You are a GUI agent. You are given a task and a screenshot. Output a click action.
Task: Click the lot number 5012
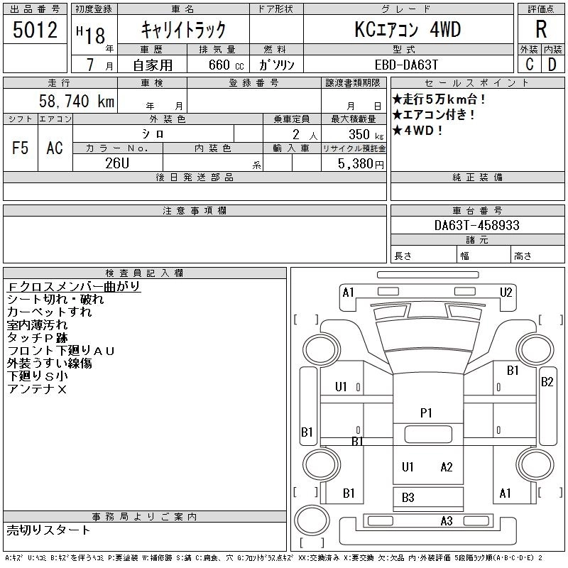35,30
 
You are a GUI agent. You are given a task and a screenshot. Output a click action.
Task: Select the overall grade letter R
541,30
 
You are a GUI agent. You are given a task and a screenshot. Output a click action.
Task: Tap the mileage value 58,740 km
77,102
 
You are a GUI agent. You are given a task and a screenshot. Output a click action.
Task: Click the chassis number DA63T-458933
477,225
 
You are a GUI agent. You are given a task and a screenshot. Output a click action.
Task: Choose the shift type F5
20,148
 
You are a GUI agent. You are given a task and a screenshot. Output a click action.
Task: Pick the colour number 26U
117,163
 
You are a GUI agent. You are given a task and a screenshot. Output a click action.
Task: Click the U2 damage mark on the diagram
506,292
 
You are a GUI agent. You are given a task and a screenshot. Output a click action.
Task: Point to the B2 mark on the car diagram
547,382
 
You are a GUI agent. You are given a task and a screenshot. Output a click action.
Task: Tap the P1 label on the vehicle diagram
426,413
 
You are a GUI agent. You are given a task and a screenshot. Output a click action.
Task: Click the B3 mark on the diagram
408,498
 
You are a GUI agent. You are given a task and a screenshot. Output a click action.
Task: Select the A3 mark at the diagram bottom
447,521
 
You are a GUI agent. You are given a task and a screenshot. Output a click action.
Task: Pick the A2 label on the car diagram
447,466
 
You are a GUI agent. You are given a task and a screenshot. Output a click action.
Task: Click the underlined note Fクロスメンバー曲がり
73,287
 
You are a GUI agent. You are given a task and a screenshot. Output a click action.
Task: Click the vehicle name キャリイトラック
183,30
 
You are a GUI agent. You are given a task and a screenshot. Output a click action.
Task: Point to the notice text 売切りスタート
49,530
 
